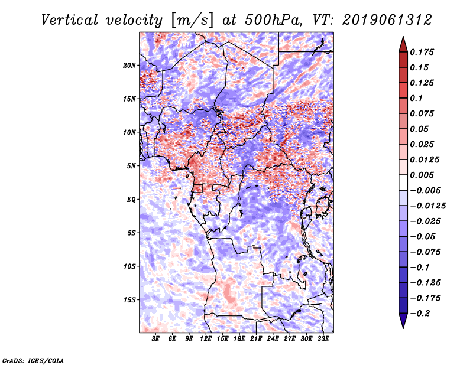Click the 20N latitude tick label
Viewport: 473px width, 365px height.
point(129,65)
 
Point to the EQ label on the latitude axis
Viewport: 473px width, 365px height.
point(132,200)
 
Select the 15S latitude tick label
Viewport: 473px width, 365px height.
point(129,300)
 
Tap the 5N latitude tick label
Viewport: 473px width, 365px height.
point(131,166)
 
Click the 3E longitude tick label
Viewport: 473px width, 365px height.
point(156,339)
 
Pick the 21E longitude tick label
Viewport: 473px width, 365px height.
point(256,339)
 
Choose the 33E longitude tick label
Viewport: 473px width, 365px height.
point(323,339)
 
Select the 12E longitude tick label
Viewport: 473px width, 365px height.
point(206,339)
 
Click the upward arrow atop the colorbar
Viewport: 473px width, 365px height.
point(403,43)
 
